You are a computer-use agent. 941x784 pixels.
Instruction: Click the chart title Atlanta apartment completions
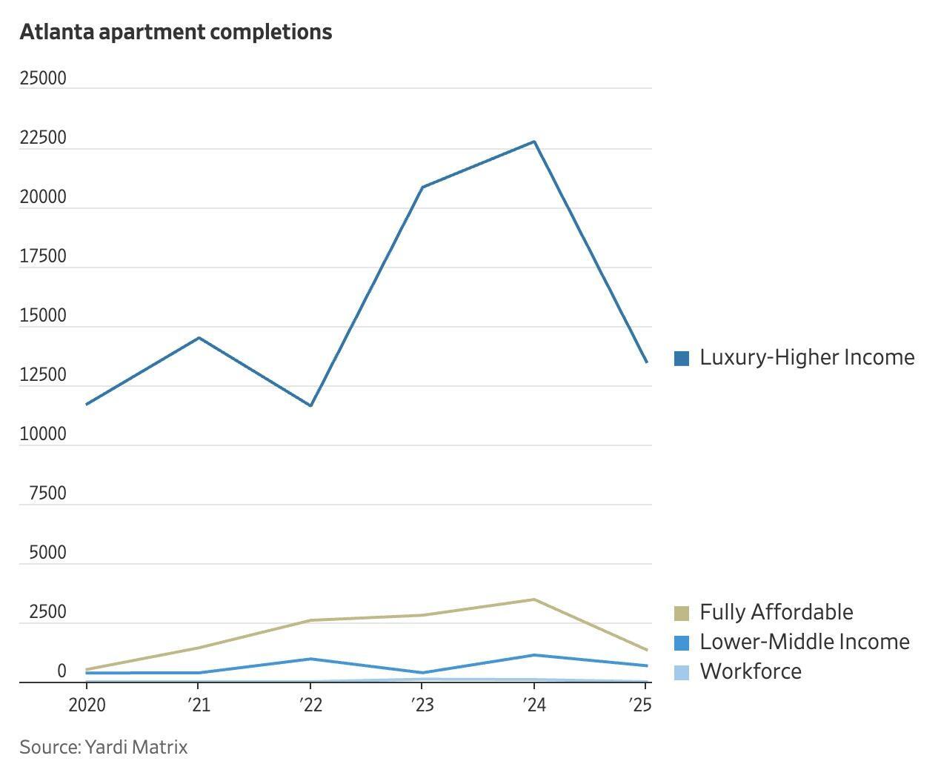[x=176, y=32]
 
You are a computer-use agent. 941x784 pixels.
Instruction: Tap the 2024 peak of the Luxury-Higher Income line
[x=534, y=142]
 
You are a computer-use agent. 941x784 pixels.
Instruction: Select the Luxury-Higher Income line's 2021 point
[x=199, y=338]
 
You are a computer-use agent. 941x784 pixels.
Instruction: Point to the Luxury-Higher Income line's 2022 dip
[x=310, y=405]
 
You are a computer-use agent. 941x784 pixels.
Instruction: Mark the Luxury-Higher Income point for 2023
[x=422, y=187]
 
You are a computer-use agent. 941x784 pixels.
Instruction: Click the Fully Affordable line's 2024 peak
[x=534, y=599]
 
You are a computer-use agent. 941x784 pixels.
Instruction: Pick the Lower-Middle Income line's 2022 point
[x=310, y=659]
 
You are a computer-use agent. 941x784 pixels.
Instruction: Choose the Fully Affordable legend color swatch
[x=682, y=613]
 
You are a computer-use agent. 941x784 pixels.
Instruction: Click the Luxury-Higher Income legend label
[x=807, y=357]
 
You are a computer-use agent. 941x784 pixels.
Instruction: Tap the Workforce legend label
[x=751, y=671]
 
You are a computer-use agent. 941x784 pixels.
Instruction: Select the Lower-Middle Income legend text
[x=805, y=642]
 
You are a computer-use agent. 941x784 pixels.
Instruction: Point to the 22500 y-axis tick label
[x=43, y=139]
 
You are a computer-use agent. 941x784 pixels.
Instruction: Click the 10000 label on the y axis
[x=43, y=435]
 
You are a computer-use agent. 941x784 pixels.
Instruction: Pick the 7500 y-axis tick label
[x=47, y=494]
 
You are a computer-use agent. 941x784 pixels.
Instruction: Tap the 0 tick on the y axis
[x=61, y=671]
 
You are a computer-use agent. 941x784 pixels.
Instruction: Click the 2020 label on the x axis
[x=87, y=705]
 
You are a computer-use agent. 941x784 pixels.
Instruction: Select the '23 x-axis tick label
[x=422, y=705]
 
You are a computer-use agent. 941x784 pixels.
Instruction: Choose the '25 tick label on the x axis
[x=640, y=705]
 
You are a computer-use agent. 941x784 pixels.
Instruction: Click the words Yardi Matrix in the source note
[x=136, y=747]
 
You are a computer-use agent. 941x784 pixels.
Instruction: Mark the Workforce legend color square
[x=682, y=672]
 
